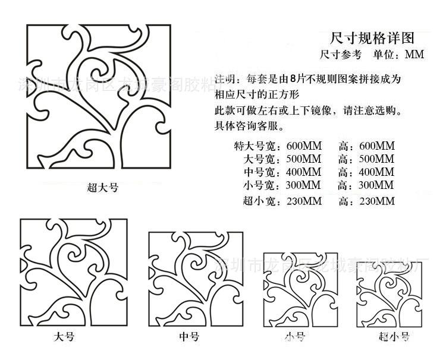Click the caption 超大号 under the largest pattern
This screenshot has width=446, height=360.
coord(102,188)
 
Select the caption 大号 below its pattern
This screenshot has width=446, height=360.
coord(64,337)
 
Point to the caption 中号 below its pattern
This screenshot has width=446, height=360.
coord(189,337)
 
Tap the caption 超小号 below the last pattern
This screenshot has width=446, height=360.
coord(394,337)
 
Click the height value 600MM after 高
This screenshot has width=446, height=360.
coord(376,146)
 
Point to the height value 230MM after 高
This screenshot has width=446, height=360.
coord(376,201)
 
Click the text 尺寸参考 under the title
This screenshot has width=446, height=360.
coord(340,55)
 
